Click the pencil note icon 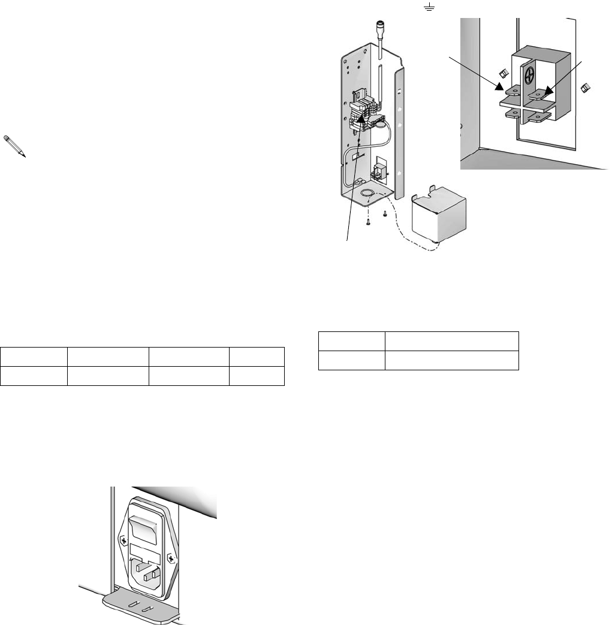pyautogui.click(x=18, y=146)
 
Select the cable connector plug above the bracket pyautogui.click(x=379, y=27)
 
